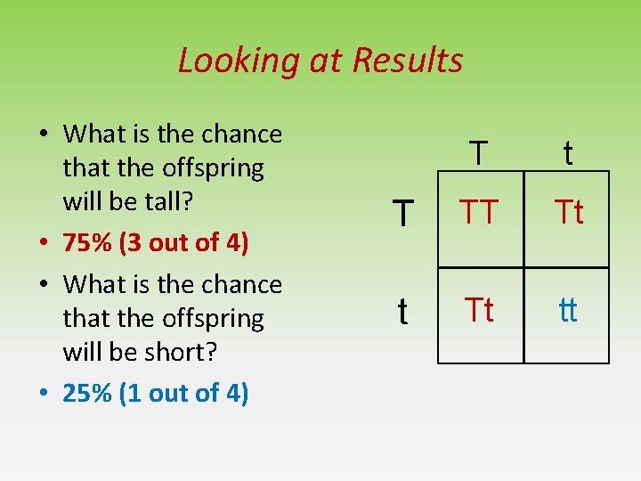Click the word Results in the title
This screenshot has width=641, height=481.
pos(408,61)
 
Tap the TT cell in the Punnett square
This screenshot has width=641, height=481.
pos(479,212)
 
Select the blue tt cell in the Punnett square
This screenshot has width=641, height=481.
pos(567,311)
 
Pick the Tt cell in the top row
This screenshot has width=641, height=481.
pos(568,212)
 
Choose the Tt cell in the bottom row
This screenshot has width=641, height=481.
pos(480,310)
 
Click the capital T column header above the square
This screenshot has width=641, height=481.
pos(479,153)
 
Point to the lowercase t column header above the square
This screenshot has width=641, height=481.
pos(567,153)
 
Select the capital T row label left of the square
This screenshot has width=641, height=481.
pos(403,213)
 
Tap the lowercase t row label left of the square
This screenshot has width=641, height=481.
pos(403,311)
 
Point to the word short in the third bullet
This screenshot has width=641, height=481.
pos(185,352)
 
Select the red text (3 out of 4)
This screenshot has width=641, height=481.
pos(183,243)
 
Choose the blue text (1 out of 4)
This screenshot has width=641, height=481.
pos(183,393)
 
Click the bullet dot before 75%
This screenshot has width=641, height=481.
pos(43,244)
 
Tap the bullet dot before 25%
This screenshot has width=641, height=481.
pos(43,394)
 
